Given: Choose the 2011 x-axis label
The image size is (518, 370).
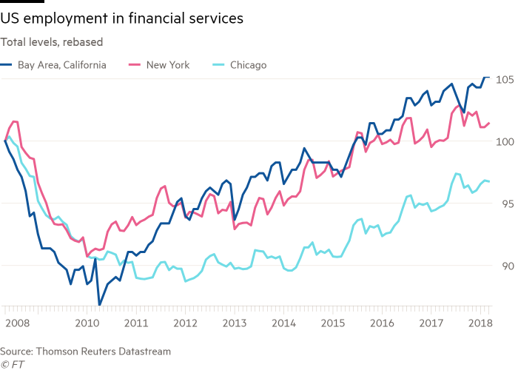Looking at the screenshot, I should click(x=135, y=323).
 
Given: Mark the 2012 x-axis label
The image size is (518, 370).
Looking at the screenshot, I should click(x=184, y=323).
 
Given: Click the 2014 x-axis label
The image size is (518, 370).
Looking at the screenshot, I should click(x=283, y=323).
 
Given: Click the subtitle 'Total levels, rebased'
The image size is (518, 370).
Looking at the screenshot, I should click(x=52, y=41).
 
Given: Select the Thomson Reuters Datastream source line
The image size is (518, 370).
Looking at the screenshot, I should click(x=86, y=351).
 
